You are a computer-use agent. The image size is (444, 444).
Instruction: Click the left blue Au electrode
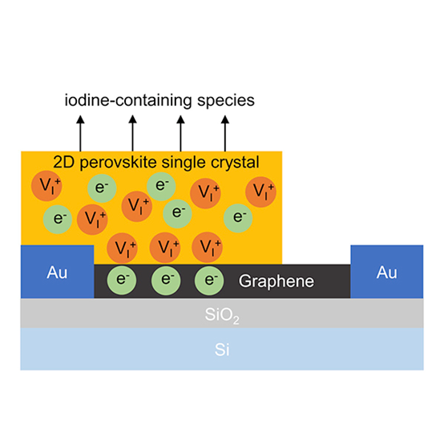(57, 272)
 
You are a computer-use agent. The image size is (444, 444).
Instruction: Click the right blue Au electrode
(387, 272)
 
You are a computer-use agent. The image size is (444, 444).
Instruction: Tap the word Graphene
(276, 281)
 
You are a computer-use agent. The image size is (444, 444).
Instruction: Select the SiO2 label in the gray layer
(222, 315)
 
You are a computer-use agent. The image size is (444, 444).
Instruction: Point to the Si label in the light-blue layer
(222, 349)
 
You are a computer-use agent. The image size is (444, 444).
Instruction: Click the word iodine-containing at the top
(128, 100)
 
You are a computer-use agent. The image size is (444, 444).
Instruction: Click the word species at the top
(226, 101)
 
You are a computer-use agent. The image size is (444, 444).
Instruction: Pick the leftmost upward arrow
(80, 133)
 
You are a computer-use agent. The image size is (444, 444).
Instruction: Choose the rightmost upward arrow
(225, 133)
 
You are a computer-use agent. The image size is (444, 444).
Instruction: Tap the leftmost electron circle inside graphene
(122, 281)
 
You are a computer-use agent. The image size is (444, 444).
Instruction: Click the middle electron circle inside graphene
(166, 281)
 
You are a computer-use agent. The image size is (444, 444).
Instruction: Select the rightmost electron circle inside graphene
(209, 281)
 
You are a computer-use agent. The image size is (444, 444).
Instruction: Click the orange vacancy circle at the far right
(260, 192)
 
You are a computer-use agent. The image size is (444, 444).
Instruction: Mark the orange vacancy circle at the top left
(46, 186)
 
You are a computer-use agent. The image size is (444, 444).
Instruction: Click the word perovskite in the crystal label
(118, 163)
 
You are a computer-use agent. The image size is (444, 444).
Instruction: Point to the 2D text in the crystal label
(65, 162)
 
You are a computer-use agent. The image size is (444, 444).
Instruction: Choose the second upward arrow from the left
(132, 133)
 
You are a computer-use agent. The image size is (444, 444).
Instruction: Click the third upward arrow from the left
(180, 133)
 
